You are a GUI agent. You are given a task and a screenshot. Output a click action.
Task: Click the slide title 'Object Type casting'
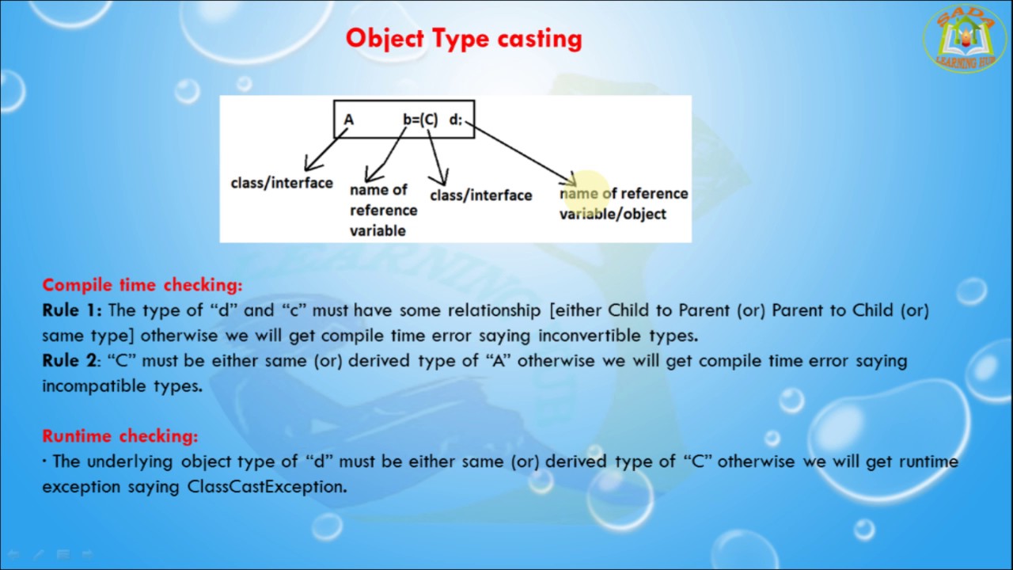pyautogui.click(x=464, y=39)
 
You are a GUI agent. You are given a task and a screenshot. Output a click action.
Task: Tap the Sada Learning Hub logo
pyautogui.click(x=965, y=39)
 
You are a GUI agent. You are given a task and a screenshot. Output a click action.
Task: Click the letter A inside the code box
pyautogui.click(x=349, y=120)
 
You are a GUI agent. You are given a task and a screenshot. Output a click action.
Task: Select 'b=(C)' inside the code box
pyautogui.click(x=420, y=120)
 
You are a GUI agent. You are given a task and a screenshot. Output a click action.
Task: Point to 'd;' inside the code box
pyautogui.click(x=455, y=120)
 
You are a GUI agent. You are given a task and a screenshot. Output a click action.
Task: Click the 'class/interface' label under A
pyautogui.click(x=282, y=183)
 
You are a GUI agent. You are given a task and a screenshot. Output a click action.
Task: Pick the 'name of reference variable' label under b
pyautogui.click(x=383, y=210)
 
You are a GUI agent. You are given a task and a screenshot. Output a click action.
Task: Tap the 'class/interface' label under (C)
pyautogui.click(x=480, y=196)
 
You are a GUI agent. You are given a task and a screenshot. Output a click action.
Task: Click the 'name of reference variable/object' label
pyautogui.click(x=624, y=203)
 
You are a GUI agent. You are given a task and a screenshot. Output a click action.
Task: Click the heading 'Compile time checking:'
pyautogui.click(x=142, y=285)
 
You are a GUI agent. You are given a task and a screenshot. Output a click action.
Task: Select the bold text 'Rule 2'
pyautogui.click(x=69, y=361)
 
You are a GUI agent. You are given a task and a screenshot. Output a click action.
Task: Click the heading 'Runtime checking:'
pyautogui.click(x=120, y=436)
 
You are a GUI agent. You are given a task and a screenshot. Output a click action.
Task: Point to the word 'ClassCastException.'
pyautogui.click(x=267, y=487)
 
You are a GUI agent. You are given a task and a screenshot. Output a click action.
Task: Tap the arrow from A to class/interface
pyautogui.click(x=324, y=150)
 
